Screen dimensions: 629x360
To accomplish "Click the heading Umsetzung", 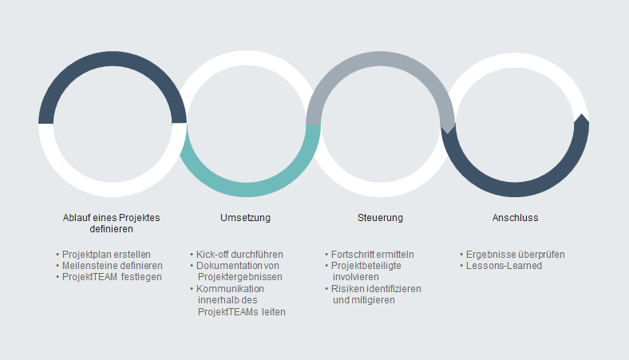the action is (x=245, y=218).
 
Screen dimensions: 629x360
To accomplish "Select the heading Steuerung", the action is (x=380, y=218).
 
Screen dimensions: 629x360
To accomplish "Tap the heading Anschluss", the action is (x=515, y=218).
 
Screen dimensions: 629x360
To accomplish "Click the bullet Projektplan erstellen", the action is (x=106, y=255).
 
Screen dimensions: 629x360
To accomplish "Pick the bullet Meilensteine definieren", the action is (x=113, y=266).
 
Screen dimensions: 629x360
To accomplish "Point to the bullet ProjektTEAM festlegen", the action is (x=112, y=277).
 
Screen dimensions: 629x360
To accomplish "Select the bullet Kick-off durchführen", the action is (x=239, y=255).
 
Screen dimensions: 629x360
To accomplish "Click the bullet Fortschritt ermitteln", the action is (x=372, y=255).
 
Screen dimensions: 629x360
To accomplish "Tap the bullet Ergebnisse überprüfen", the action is (x=515, y=255).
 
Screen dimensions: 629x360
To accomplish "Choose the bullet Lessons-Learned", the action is (x=504, y=266).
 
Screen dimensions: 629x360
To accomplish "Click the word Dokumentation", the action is (x=227, y=266).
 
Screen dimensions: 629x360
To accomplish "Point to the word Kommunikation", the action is (x=230, y=289).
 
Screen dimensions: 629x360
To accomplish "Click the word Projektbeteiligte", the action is (x=366, y=266).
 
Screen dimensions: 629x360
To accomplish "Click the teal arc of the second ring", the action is (x=247, y=189).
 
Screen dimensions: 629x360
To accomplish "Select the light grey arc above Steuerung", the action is (x=380, y=58).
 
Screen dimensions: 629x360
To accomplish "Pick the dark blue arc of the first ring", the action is (x=113, y=58).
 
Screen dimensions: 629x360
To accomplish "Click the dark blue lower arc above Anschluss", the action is (x=515, y=189).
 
